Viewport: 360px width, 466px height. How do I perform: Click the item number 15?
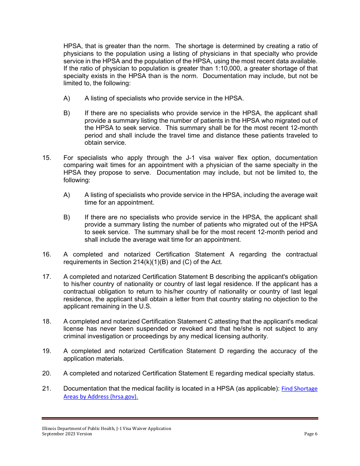(46, 158)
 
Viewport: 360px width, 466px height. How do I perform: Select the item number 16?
(46, 255)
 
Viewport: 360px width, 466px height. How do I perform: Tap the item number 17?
(46, 277)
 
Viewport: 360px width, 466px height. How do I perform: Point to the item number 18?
(46, 322)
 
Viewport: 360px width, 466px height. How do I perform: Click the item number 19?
(46, 351)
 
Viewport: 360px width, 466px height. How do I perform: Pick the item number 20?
(46, 374)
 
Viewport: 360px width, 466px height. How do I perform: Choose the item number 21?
(46, 389)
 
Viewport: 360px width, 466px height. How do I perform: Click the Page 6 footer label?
(311, 434)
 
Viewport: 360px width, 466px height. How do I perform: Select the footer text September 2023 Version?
(67, 434)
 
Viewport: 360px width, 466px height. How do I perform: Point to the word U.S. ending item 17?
(144, 306)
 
